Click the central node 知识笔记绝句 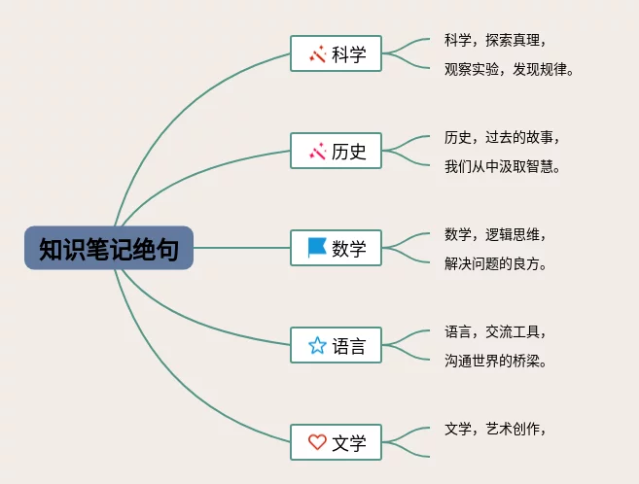click(109, 248)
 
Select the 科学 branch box click(337, 53)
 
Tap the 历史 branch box click(337, 151)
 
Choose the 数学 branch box click(337, 248)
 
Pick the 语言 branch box click(337, 345)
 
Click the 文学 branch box click(337, 442)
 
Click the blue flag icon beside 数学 click(317, 248)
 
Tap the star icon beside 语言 click(317, 345)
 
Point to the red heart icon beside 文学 click(317, 442)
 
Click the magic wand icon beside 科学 click(317, 54)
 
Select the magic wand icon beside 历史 click(317, 152)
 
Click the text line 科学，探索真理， click(495, 40)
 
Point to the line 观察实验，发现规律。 click(510, 69)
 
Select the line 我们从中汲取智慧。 click(503, 166)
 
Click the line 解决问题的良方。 click(495, 263)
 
